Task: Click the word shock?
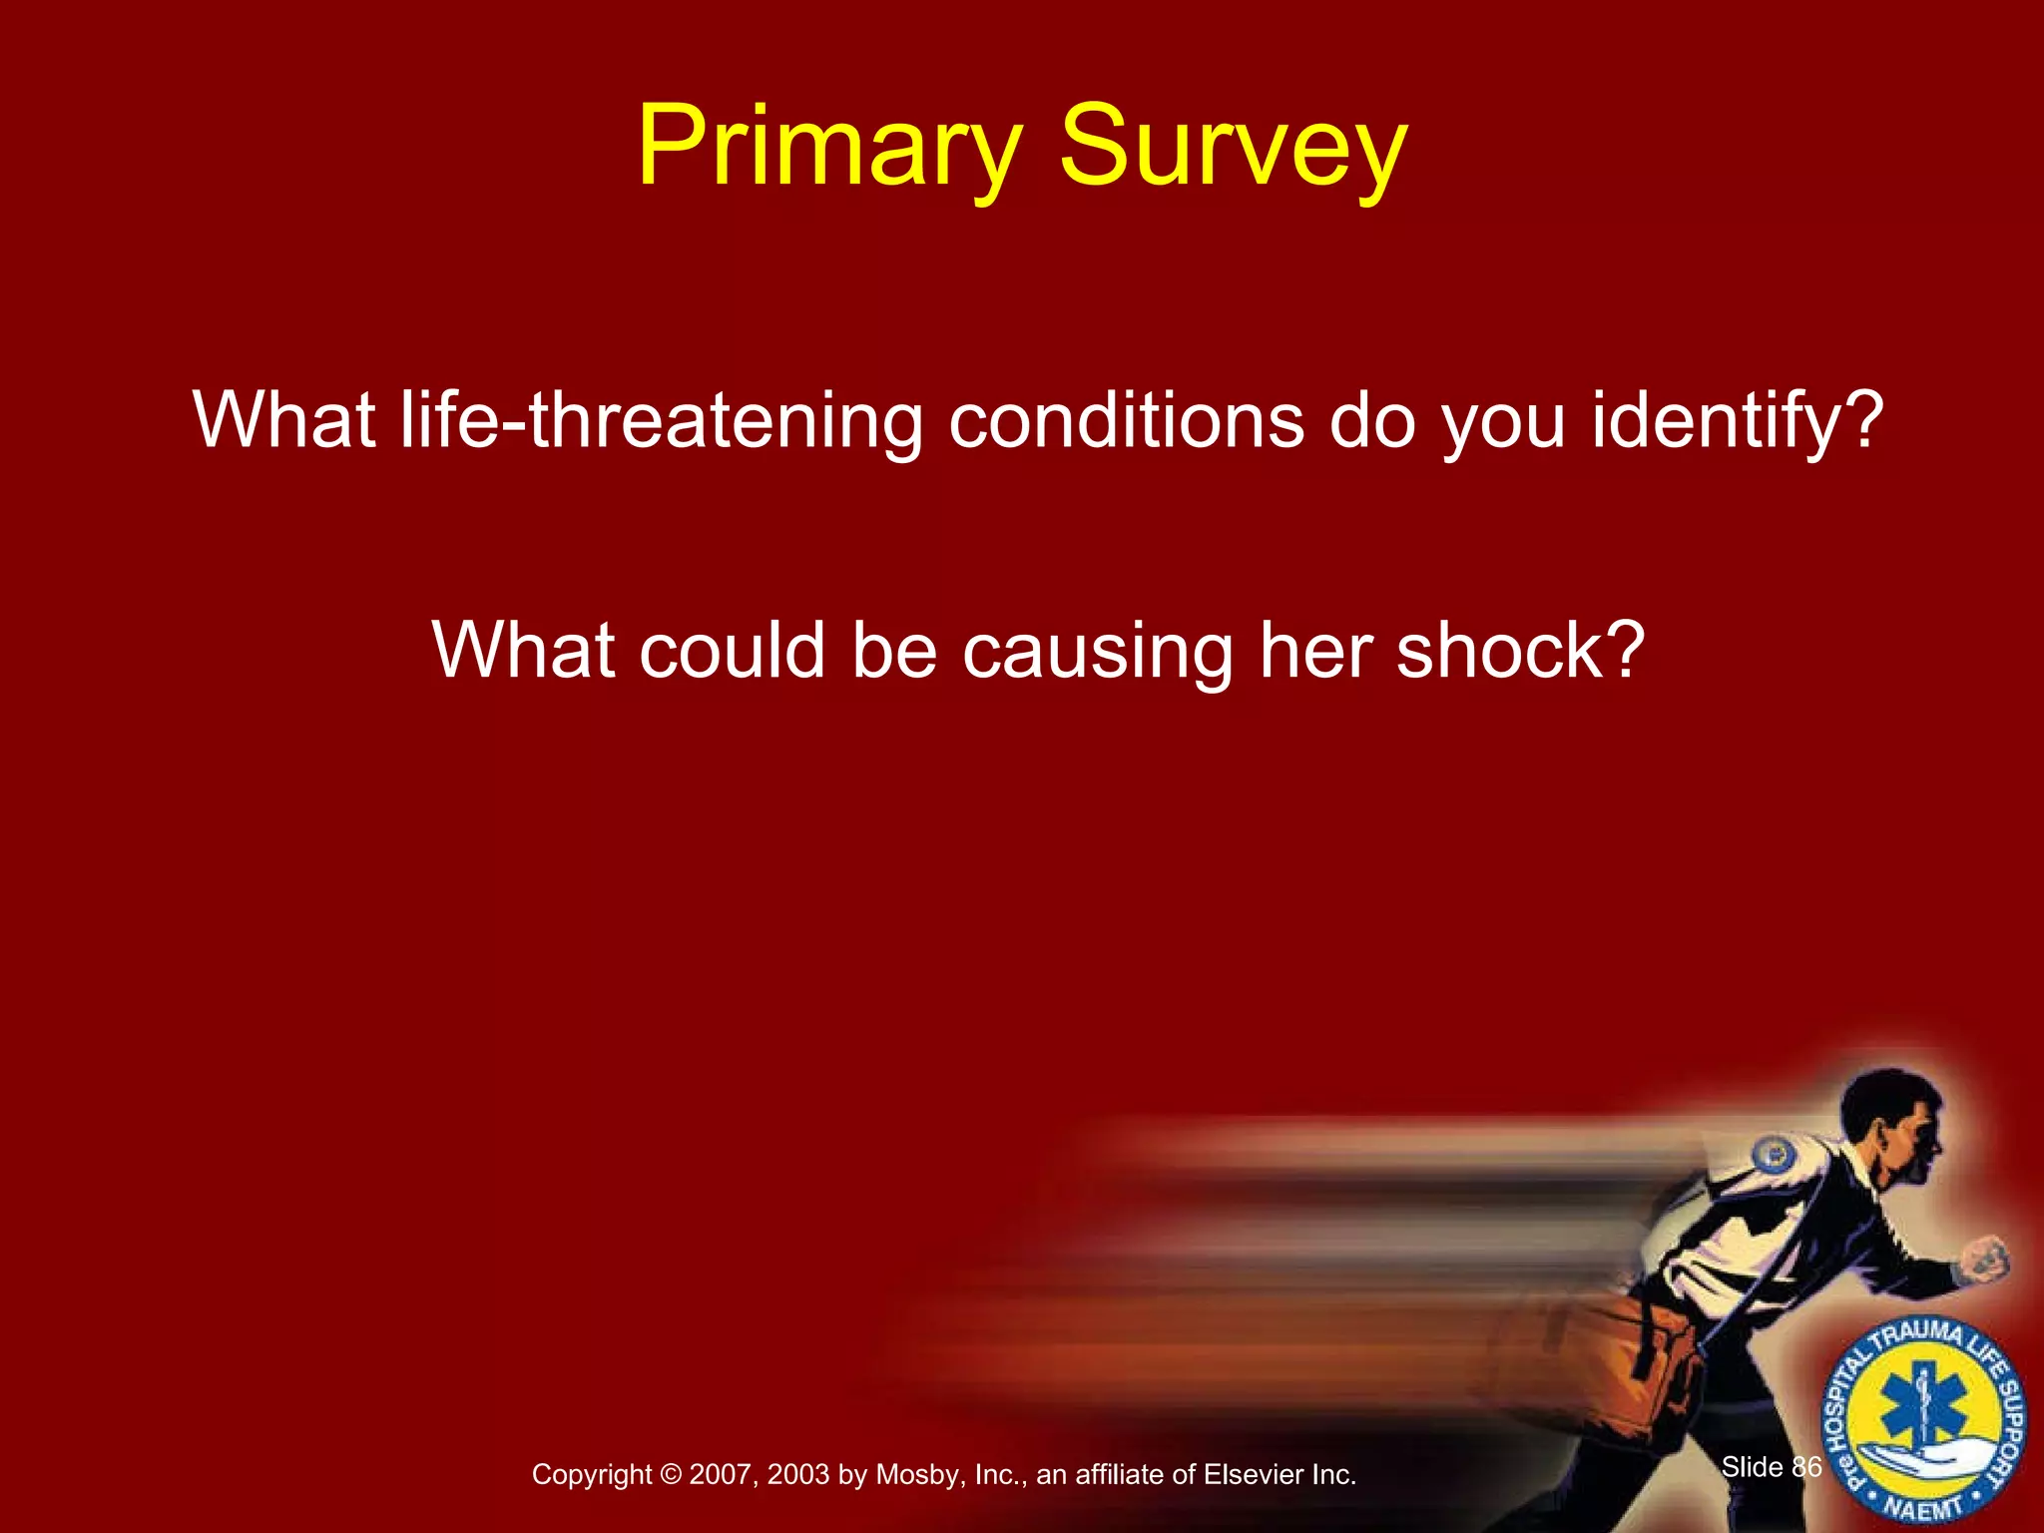1519,651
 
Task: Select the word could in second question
732,651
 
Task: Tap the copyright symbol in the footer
670,1475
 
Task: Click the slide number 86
1806,1467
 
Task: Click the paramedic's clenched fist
1984,1259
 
